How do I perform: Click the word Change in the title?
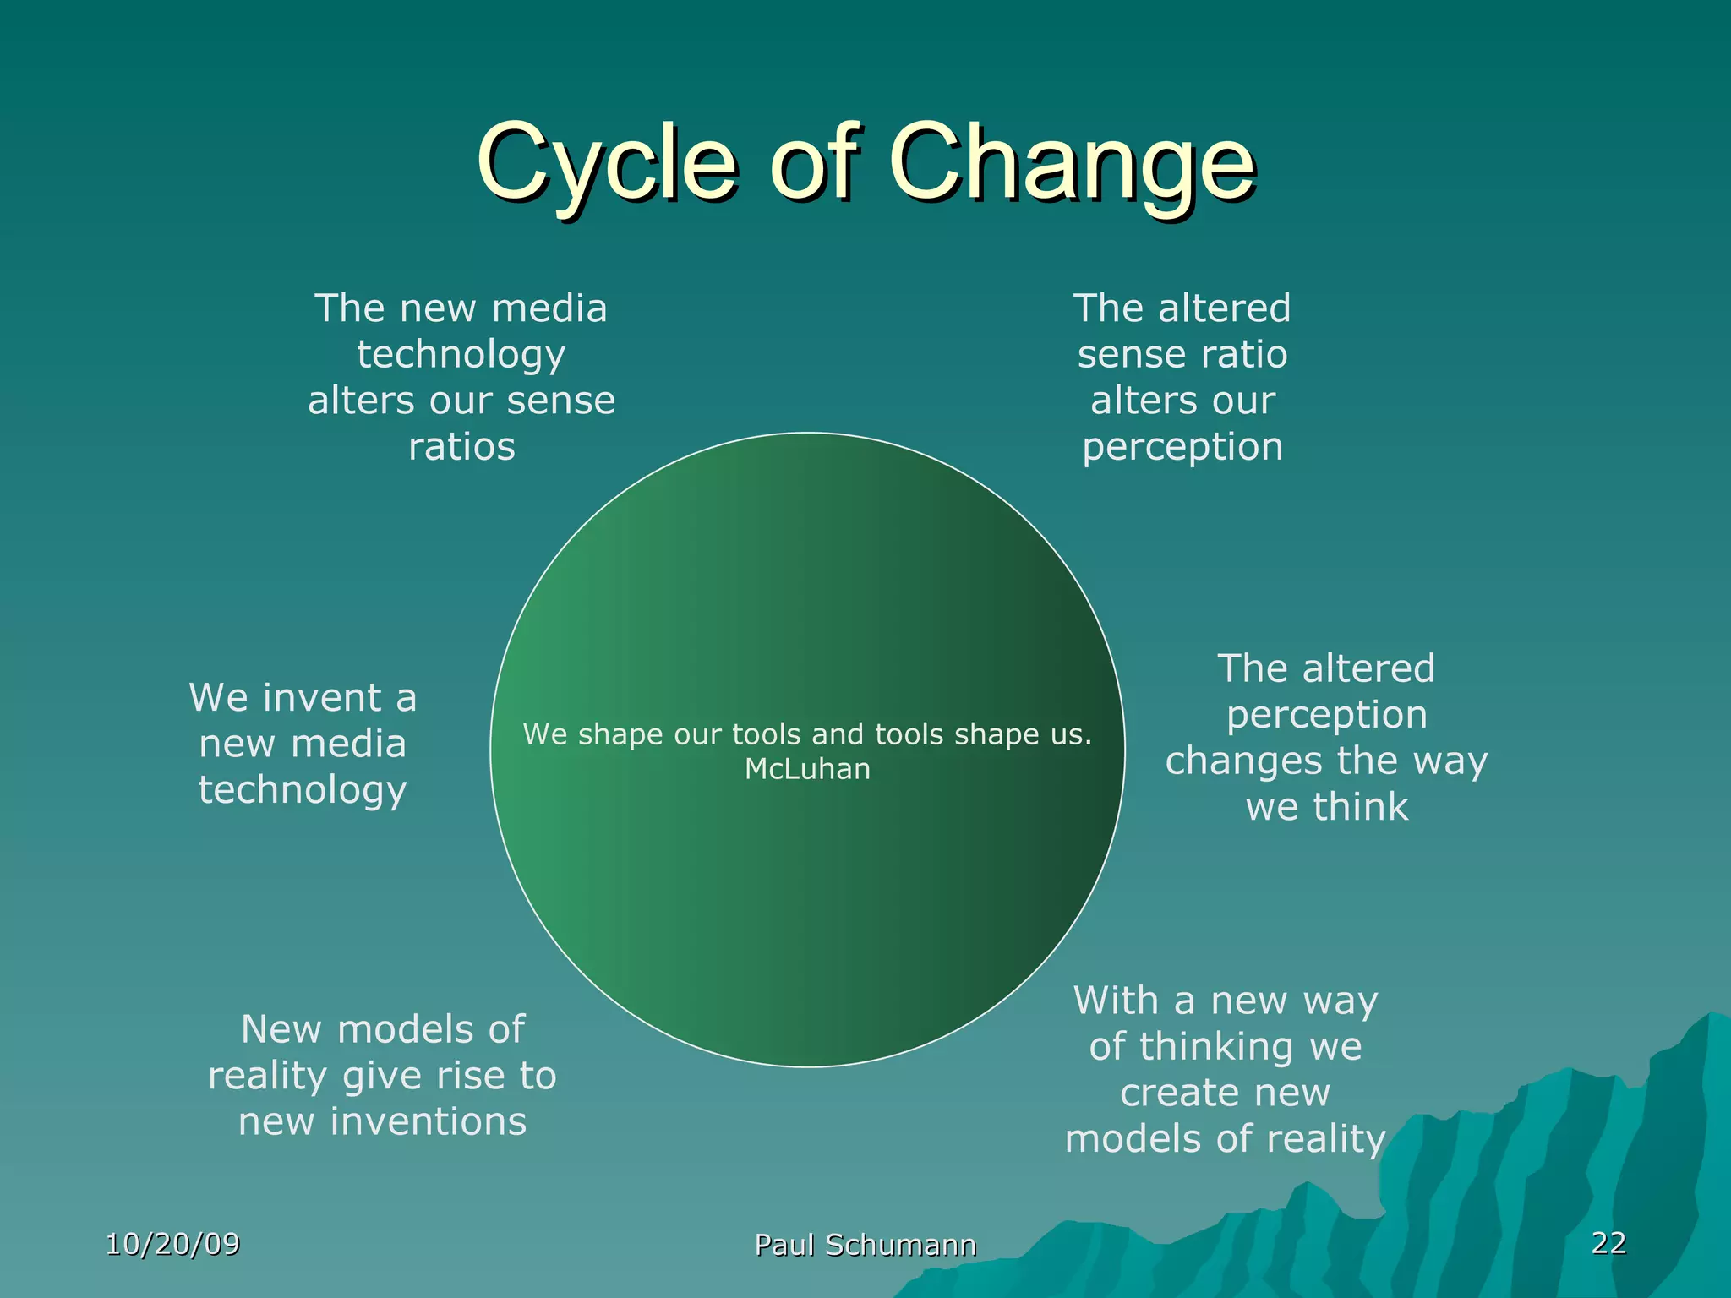(x=1071, y=162)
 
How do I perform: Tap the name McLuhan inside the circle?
(x=807, y=769)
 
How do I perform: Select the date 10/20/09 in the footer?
(x=172, y=1244)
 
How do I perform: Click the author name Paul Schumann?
(x=865, y=1245)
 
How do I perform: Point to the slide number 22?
(x=1608, y=1242)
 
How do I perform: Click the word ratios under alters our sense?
(x=461, y=447)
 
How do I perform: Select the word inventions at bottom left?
(x=428, y=1122)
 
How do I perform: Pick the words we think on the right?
(x=1327, y=807)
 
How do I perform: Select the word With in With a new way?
(x=1116, y=1001)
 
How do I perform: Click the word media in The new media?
(x=549, y=308)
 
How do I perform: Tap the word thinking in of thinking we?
(x=1216, y=1047)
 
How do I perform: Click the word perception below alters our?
(x=1182, y=447)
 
